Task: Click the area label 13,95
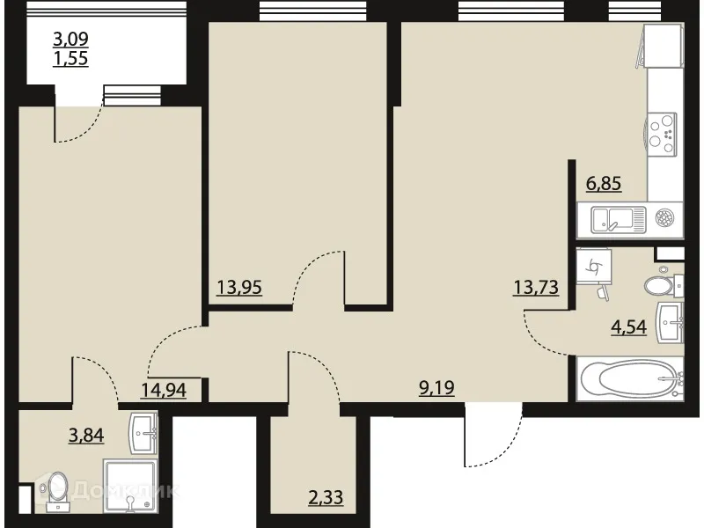click(x=240, y=286)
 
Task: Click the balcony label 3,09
click(x=71, y=39)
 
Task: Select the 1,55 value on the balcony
click(x=71, y=61)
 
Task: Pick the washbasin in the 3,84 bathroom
click(x=144, y=429)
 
